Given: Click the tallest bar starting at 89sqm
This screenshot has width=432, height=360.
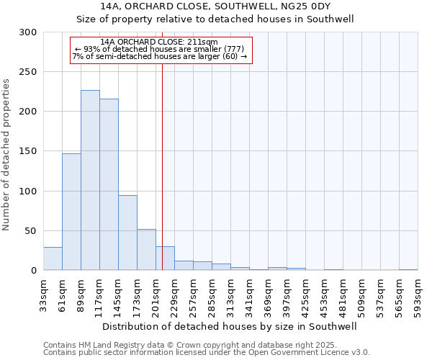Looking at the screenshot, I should pos(90,180).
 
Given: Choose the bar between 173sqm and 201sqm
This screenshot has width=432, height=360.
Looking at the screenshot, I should pos(146,249).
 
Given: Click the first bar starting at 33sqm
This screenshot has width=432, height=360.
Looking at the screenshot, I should pos(53,258).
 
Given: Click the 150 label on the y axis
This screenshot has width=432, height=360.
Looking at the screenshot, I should pos(28,151).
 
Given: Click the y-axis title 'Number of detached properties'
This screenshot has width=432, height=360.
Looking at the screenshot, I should pos(6,155).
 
